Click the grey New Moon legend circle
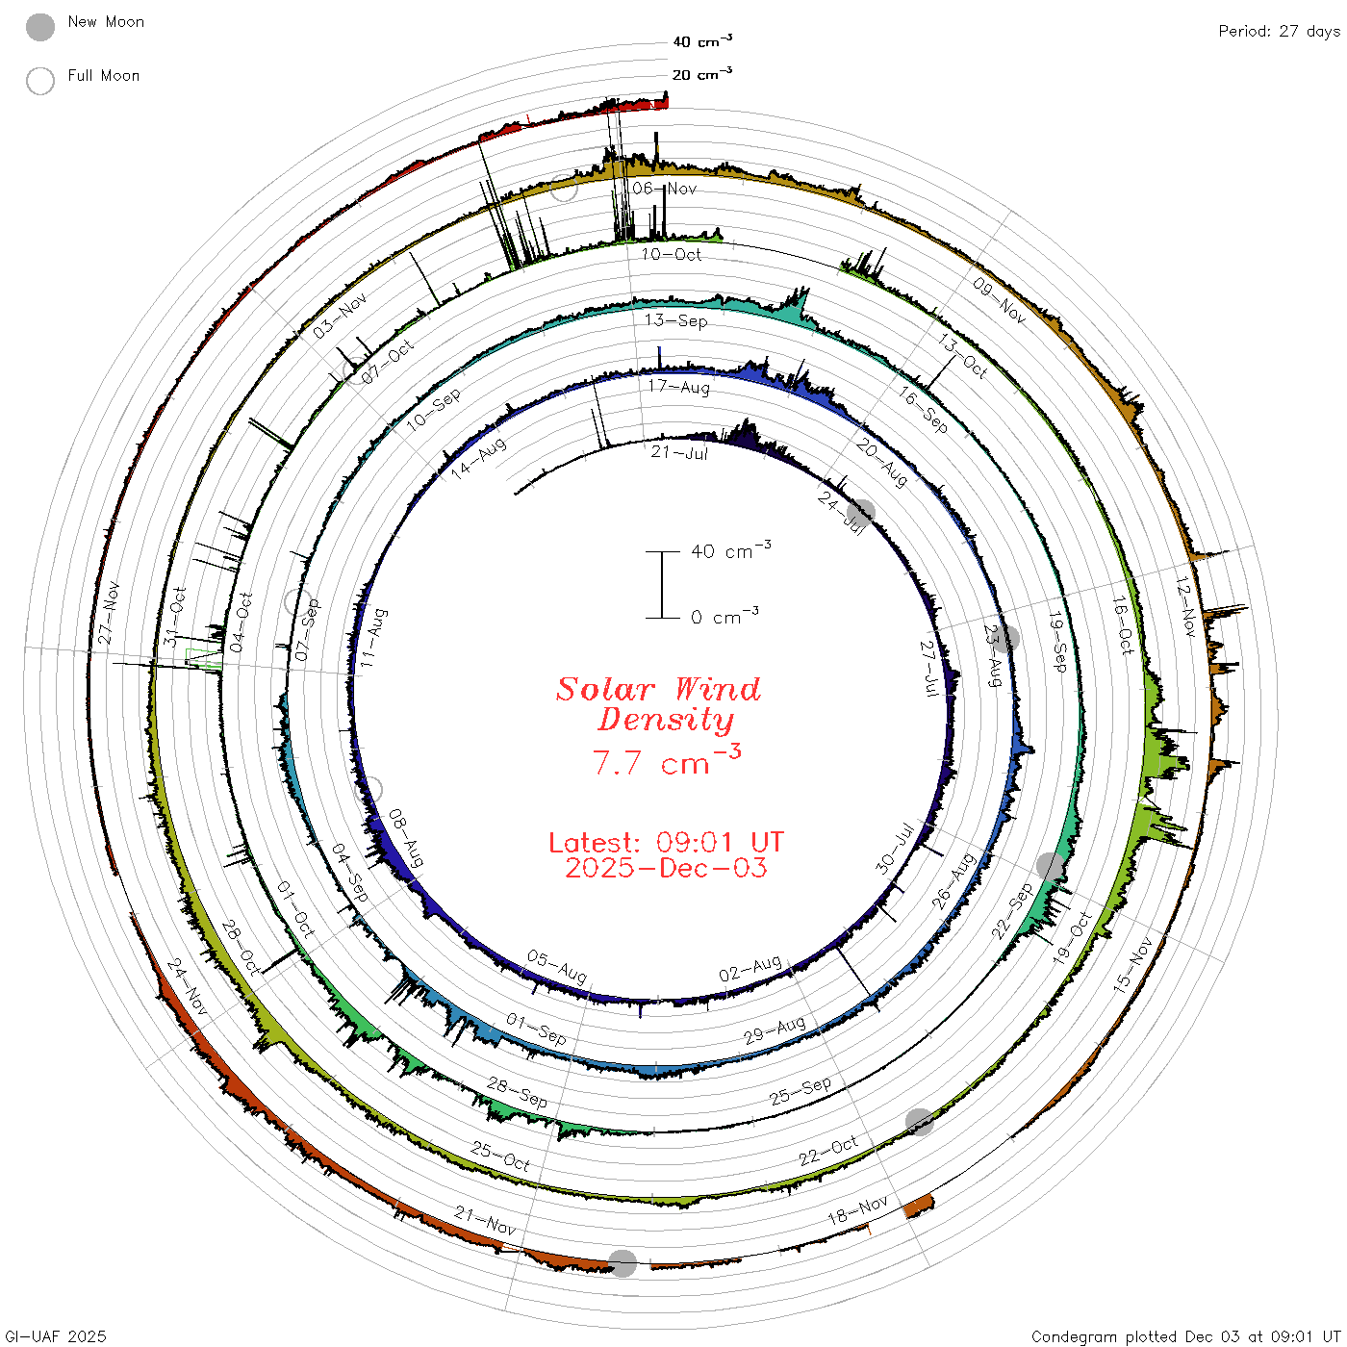pos(39,27)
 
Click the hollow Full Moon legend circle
pos(39,81)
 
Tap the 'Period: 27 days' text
pos(1280,32)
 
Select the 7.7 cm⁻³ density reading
pos(667,761)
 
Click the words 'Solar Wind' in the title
pos(658,689)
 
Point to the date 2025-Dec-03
pos(666,868)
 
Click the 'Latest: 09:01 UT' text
pos(666,842)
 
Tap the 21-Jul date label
pos(679,452)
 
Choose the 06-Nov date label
pos(665,188)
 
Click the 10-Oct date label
pos(671,254)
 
